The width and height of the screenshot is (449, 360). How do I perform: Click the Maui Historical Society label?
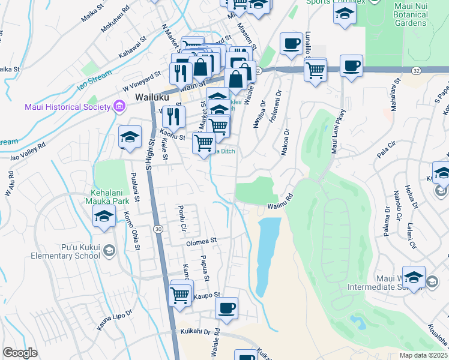pyautogui.click(x=67, y=107)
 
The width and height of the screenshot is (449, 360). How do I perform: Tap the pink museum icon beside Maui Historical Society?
pyautogui.click(x=119, y=107)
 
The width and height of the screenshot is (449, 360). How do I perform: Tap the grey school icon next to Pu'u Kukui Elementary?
pyautogui.click(x=109, y=250)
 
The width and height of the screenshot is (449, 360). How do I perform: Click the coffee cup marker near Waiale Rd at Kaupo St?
pyautogui.click(x=226, y=308)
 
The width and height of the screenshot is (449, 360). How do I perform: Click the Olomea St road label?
pyautogui.click(x=200, y=242)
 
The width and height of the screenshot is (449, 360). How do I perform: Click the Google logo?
pyautogui.click(x=20, y=353)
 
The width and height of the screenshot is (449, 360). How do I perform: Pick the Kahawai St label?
pyautogui.click(x=132, y=47)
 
